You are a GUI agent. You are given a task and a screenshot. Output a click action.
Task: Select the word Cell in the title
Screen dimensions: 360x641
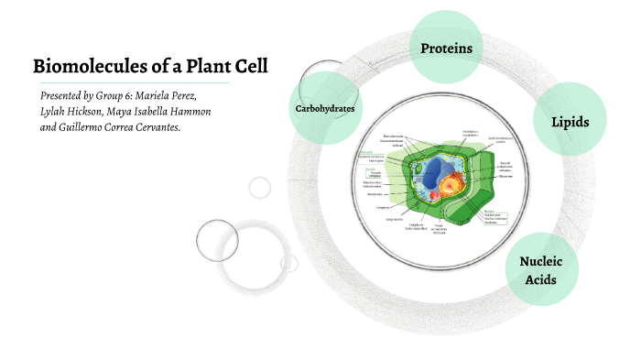point(251,67)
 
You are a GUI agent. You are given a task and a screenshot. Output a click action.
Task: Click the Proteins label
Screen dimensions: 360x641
point(446,48)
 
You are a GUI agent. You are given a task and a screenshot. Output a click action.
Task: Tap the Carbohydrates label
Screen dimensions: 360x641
point(324,109)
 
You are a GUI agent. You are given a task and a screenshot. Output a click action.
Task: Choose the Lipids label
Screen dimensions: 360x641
point(570,122)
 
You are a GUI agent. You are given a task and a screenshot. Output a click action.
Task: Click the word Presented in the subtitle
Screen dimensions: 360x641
point(68,95)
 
